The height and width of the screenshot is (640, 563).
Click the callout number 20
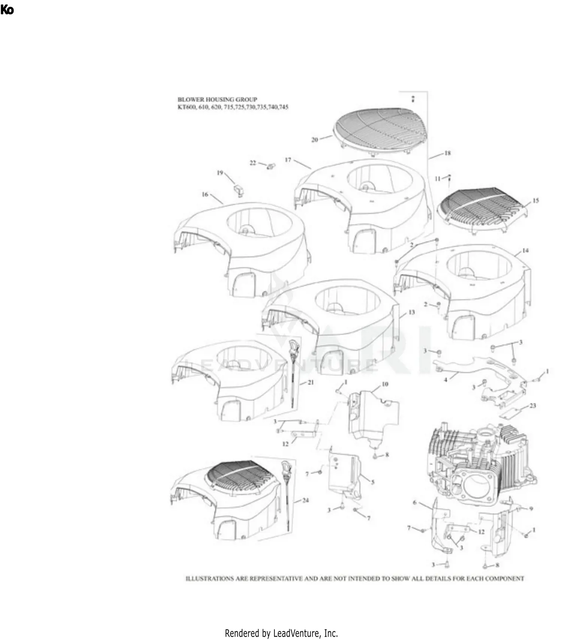[315, 140]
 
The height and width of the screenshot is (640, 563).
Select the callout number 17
[288, 160]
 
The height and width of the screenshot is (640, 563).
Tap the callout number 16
[205, 194]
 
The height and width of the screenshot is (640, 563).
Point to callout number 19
[220, 173]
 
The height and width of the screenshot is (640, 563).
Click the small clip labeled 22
[271, 166]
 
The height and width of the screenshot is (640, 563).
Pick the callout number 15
[536, 201]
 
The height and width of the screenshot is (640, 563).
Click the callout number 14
[525, 250]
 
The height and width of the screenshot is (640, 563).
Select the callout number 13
[412, 312]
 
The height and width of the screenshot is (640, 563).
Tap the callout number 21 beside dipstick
[310, 382]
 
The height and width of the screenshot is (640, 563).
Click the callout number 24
[306, 500]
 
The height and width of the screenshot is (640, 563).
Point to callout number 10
[385, 384]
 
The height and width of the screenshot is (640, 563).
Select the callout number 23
[533, 406]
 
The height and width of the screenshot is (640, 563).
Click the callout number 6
[415, 502]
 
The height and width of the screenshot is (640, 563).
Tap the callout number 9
[531, 509]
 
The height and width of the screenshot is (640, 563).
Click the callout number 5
[373, 482]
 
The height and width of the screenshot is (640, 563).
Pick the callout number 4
[446, 380]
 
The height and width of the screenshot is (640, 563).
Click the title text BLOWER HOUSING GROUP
[217, 99]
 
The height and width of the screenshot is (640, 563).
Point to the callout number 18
[447, 153]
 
